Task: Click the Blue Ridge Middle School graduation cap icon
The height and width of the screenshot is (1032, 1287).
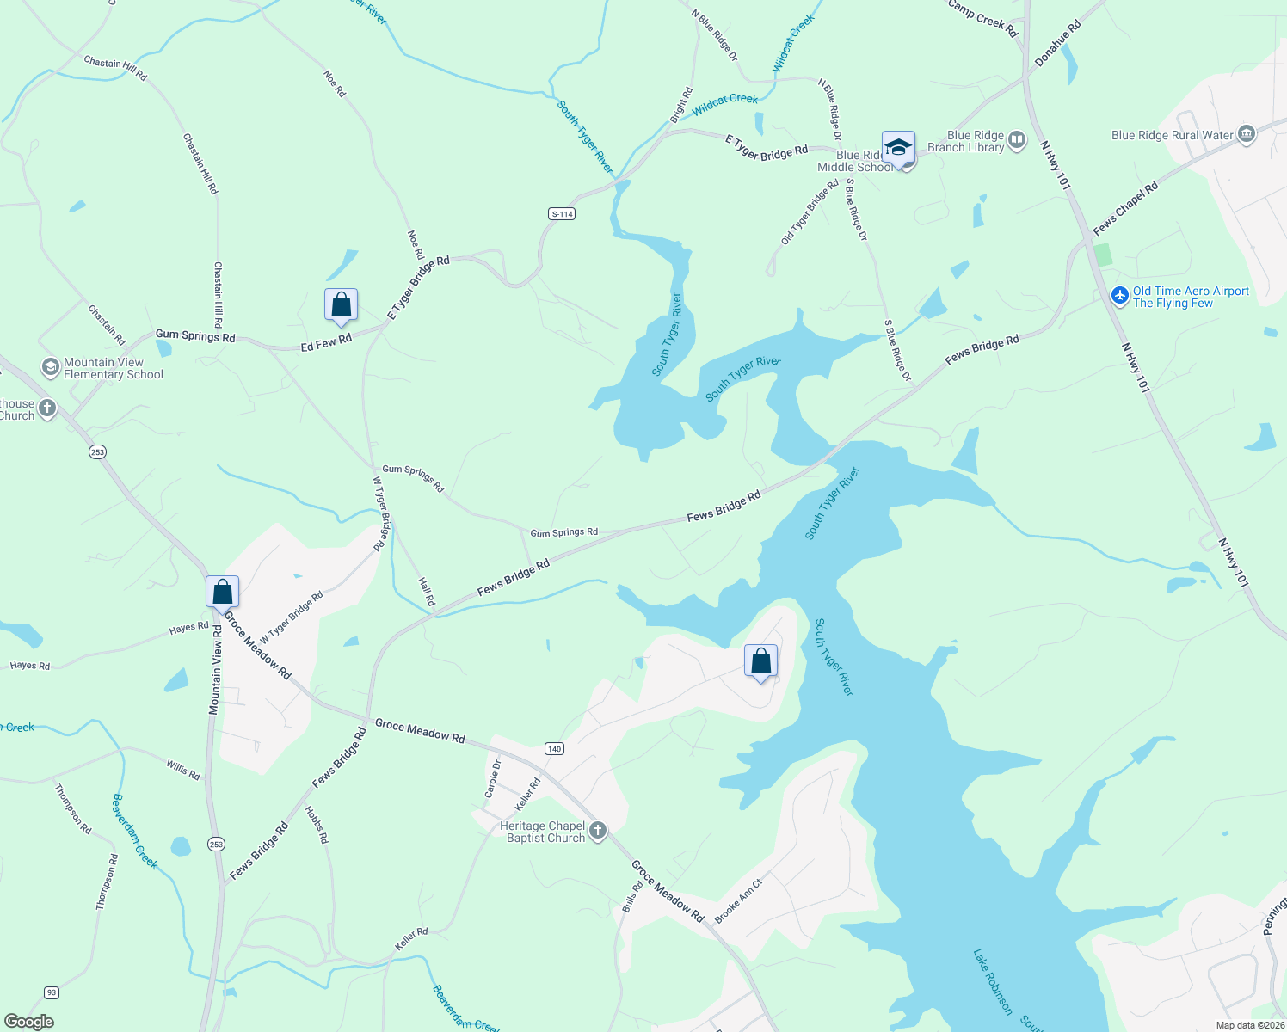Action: point(898,148)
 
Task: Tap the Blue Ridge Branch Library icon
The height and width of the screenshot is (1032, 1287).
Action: point(1017,140)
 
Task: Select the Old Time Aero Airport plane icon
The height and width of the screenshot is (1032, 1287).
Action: point(1119,297)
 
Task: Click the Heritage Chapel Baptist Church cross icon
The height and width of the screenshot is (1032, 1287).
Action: point(597,831)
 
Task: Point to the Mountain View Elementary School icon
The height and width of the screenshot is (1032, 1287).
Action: point(50,367)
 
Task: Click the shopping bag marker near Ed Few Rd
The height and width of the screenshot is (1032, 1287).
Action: point(341,305)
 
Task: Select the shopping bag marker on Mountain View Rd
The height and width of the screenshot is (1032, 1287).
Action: point(222,592)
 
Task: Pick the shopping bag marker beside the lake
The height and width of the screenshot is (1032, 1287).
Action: point(760,660)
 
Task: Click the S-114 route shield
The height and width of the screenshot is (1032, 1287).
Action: point(562,213)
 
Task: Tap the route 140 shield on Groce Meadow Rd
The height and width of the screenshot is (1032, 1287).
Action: point(554,748)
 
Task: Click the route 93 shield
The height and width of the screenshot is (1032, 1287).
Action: point(52,992)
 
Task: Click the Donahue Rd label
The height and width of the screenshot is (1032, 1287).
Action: point(1057,43)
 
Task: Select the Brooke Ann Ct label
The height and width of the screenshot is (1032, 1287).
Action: point(738,900)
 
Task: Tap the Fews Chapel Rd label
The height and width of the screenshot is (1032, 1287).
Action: point(1125,208)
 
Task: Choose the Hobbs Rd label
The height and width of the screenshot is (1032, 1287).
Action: point(317,824)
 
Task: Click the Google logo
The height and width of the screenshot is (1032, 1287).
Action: point(28,1022)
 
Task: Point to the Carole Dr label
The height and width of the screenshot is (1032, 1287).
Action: point(493,779)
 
